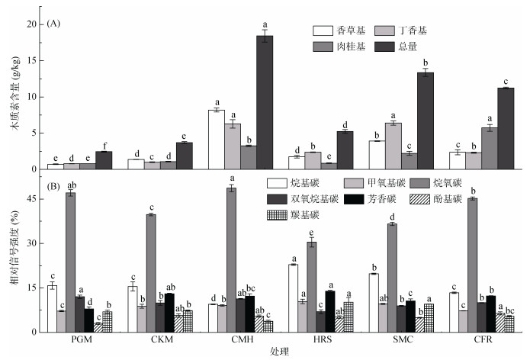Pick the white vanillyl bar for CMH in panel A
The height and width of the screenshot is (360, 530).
pyautogui.click(x=216, y=139)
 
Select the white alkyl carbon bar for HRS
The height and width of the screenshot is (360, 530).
pyautogui.click(x=293, y=297)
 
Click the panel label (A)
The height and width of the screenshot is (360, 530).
pyautogui.click(x=53, y=24)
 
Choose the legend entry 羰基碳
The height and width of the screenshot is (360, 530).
pyautogui.click(x=304, y=216)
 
